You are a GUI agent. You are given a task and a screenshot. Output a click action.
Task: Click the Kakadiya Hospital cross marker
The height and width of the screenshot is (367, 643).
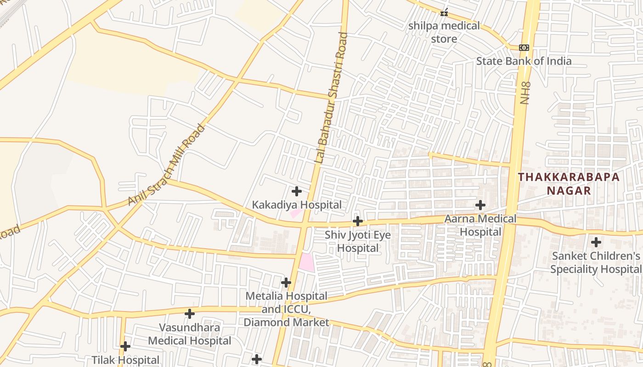(x=297, y=191)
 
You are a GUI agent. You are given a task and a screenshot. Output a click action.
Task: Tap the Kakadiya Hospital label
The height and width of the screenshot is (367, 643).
(x=297, y=205)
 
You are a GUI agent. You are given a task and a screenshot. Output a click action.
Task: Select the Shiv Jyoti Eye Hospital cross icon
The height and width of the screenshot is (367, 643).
(x=357, y=221)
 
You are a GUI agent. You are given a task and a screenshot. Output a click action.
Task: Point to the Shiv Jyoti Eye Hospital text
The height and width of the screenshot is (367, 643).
(x=358, y=242)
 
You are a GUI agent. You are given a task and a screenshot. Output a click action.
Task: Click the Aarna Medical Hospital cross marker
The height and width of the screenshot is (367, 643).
(x=480, y=205)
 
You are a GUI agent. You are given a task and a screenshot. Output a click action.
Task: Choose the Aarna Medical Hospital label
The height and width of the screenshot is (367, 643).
(x=480, y=225)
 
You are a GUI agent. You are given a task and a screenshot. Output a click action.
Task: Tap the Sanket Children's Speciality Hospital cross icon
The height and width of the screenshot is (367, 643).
(x=596, y=242)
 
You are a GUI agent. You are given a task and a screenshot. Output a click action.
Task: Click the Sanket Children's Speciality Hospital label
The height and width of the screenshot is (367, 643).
(x=596, y=262)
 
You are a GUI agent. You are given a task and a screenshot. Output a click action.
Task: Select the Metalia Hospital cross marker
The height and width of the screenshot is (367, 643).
(x=286, y=282)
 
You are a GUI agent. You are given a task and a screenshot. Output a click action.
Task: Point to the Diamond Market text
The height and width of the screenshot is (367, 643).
(x=286, y=323)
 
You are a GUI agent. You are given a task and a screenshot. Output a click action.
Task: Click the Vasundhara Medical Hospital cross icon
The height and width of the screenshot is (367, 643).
(x=189, y=314)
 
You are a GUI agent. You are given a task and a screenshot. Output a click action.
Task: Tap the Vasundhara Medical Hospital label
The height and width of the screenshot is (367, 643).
(x=189, y=334)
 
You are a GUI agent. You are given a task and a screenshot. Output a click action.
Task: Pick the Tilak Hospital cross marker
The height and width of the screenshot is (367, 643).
(x=125, y=346)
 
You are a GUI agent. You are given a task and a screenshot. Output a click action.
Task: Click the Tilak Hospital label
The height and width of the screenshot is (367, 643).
(x=125, y=360)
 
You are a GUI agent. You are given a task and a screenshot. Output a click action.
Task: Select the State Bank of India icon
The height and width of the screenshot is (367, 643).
(x=524, y=48)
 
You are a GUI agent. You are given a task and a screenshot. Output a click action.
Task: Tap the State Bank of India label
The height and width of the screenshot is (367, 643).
(x=524, y=61)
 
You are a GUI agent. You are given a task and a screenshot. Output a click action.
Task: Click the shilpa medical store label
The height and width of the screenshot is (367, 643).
(x=444, y=32)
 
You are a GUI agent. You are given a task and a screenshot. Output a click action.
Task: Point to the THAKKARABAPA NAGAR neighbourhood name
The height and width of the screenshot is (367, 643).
(x=569, y=183)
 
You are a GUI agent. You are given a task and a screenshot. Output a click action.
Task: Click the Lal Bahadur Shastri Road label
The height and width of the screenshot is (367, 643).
(x=332, y=98)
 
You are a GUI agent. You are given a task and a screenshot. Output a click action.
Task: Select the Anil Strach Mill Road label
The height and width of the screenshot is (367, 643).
(x=166, y=165)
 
